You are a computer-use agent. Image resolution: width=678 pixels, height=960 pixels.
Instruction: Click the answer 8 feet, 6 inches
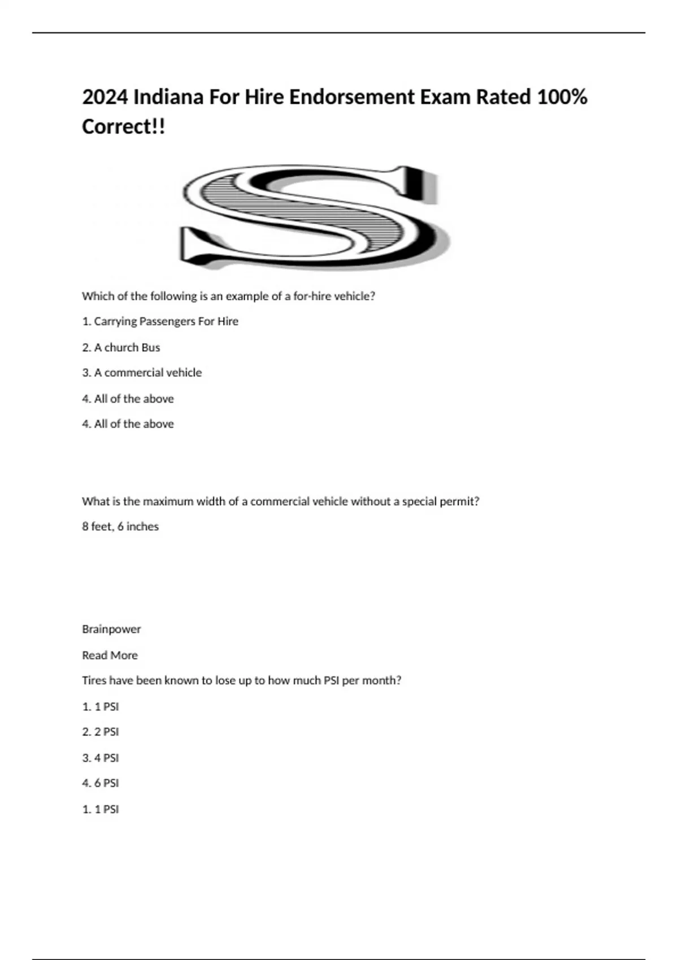point(120,526)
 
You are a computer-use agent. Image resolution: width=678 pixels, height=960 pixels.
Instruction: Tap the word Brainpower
point(111,629)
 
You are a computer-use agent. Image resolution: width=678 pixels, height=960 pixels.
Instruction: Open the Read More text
point(110,655)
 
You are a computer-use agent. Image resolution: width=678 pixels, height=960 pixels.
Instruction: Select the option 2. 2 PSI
point(101,732)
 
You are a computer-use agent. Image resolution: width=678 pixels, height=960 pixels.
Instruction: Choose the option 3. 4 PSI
point(101,758)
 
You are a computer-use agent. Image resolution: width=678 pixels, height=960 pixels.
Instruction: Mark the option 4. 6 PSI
point(101,783)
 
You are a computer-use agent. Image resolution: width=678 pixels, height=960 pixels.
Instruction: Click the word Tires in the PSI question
point(94,680)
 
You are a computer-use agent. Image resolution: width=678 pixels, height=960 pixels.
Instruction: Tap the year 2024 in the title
point(105,97)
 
